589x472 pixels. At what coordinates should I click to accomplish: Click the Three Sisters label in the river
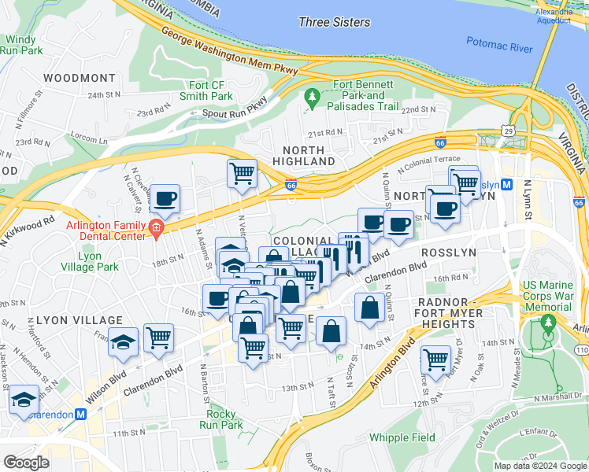[335, 22]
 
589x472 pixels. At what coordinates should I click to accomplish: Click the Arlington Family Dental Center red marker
[156, 230]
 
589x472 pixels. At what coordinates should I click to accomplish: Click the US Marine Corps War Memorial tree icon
[548, 323]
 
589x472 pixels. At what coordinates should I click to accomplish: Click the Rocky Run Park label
[225, 419]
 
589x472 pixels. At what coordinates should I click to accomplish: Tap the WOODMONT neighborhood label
[80, 78]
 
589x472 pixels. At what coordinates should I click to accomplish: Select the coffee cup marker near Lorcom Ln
[165, 201]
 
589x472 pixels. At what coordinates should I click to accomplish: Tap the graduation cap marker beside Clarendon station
[24, 399]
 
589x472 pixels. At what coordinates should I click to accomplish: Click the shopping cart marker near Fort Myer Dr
[435, 360]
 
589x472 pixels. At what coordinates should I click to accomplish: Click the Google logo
[26, 463]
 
